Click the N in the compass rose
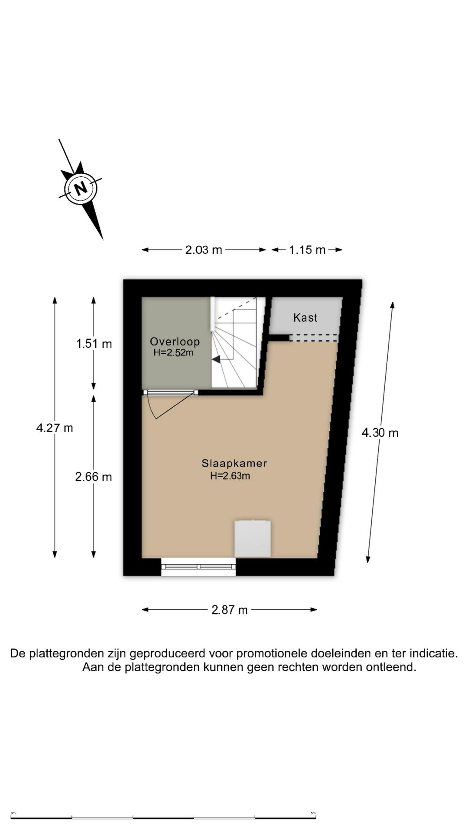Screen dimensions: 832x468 click(80, 188)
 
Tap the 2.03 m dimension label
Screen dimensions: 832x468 click(204, 250)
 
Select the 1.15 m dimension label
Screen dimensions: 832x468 click(307, 250)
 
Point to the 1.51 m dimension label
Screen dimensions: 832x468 click(94, 344)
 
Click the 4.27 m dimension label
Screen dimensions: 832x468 click(55, 428)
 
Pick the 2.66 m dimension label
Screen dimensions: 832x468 click(94, 477)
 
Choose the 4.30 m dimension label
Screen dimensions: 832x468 click(380, 433)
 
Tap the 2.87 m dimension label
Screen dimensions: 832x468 click(230, 610)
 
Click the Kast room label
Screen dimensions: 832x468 click(305, 318)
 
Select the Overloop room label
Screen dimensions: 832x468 click(175, 341)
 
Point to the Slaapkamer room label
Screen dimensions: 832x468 click(234, 463)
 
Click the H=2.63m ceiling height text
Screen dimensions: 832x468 click(230, 476)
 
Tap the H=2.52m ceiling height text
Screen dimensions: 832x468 click(173, 353)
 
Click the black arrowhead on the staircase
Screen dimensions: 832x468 click(216, 359)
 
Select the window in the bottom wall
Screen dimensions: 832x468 click(198, 567)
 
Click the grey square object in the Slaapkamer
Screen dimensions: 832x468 click(253, 539)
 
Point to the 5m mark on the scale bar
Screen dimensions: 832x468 click(313, 813)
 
